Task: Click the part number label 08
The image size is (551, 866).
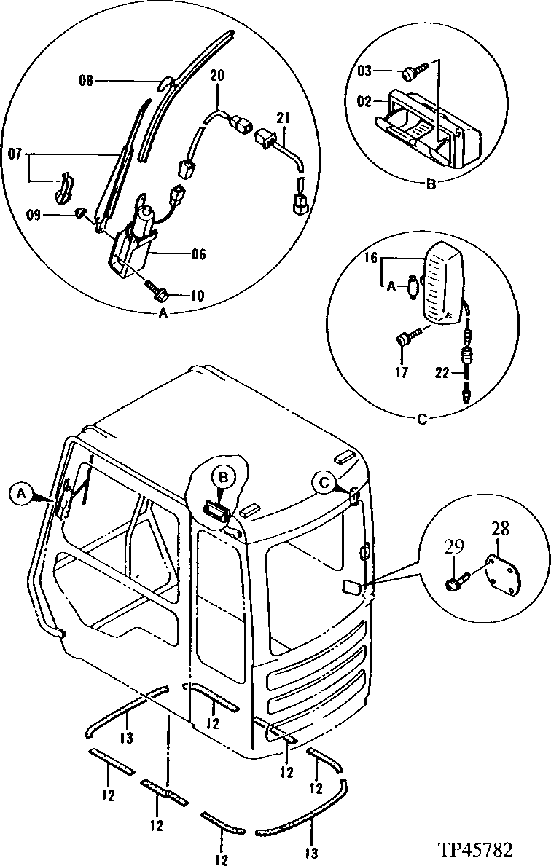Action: click(x=86, y=82)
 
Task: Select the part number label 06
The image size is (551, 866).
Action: click(x=198, y=254)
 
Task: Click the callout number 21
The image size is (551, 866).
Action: click(x=283, y=117)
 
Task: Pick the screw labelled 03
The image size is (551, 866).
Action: click(x=410, y=71)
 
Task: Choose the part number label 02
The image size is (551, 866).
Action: click(x=365, y=101)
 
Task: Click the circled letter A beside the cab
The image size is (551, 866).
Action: click(x=22, y=493)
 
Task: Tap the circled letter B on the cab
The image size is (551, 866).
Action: click(x=224, y=477)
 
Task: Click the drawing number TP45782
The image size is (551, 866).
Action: click(x=475, y=849)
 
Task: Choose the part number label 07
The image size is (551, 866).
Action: click(x=15, y=154)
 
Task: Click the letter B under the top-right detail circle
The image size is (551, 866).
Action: click(x=431, y=185)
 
